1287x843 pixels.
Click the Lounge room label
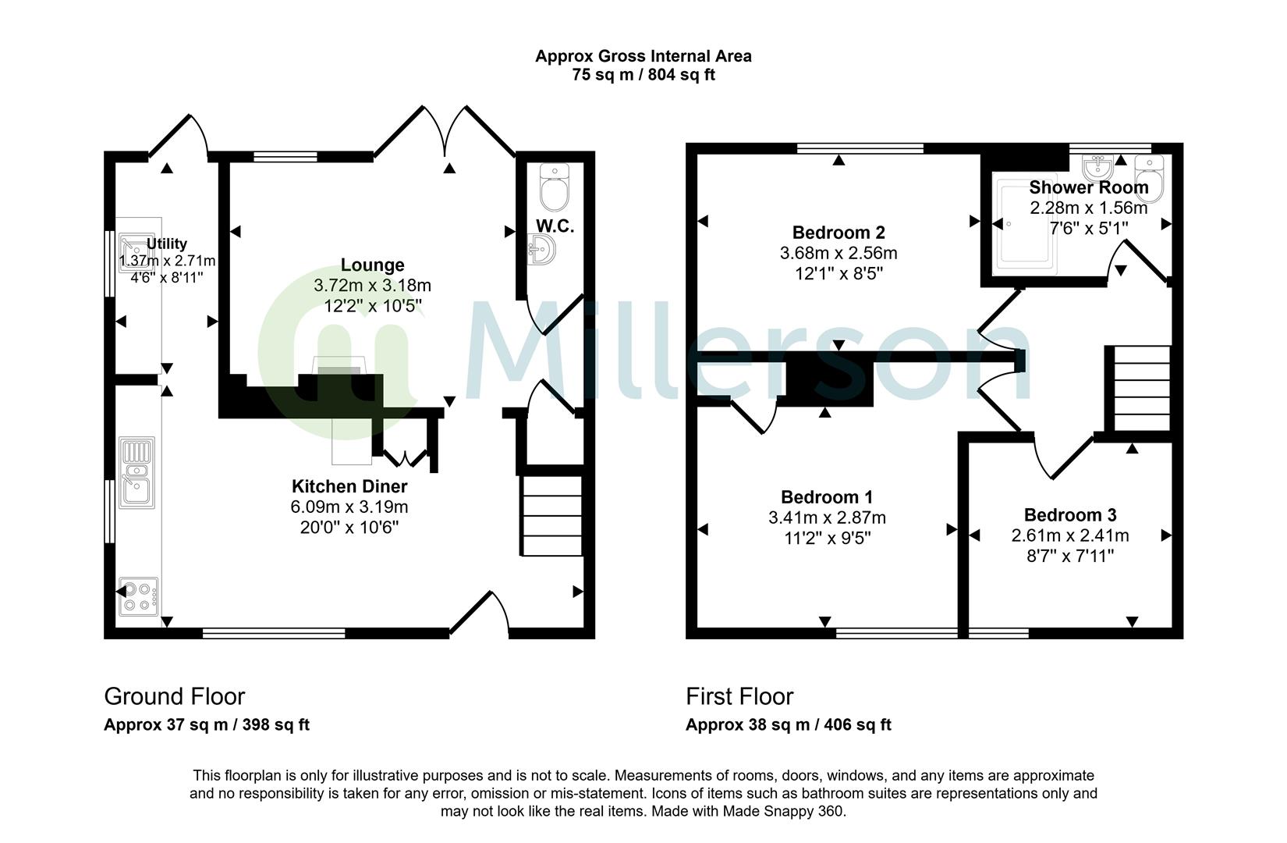(x=372, y=265)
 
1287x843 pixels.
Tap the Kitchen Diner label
(x=349, y=486)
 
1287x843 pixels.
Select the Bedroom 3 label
(x=1069, y=515)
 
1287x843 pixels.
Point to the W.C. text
(x=555, y=226)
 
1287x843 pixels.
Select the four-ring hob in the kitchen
(x=139, y=597)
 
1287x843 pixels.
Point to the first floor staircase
(x=1138, y=388)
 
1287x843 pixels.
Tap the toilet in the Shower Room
(x=1150, y=178)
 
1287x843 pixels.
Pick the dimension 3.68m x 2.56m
(x=838, y=253)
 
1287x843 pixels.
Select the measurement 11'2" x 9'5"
(x=826, y=538)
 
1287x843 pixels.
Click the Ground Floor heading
(x=174, y=696)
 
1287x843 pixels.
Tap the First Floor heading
(x=739, y=696)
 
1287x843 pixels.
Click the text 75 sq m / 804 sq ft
(x=643, y=75)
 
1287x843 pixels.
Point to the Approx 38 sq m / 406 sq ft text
(x=788, y=724)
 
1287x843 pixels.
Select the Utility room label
(x=167, y=244)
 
